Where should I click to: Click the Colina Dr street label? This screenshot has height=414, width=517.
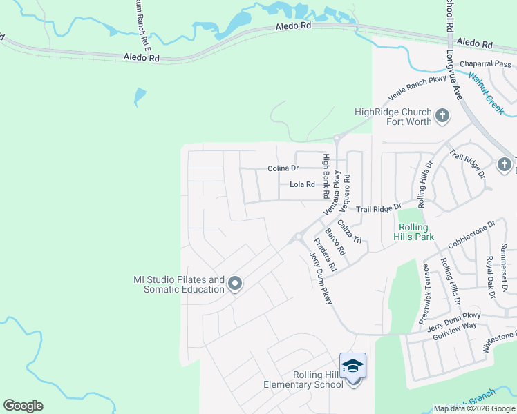tap(283, 168)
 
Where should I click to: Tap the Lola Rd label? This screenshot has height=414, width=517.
tap(302, 185)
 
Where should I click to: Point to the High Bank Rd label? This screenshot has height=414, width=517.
tap(327, 176)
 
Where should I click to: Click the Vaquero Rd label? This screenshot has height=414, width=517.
tap(347, 187)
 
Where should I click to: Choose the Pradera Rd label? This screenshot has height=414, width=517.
tap(324, 254)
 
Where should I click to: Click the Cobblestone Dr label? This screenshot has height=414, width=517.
tap(472, 234)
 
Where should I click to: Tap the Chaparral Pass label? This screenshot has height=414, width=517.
tap(485, 64)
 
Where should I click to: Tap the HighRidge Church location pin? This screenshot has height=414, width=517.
tap(442, 115)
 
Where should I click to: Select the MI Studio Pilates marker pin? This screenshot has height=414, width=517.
tap(235, 284)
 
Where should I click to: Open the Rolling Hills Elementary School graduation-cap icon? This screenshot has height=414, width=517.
tap(352, 366)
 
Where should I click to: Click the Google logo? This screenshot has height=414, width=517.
tap(23, 406)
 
